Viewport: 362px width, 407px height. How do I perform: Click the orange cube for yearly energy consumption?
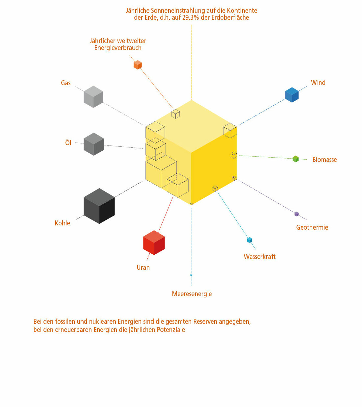point(138,65)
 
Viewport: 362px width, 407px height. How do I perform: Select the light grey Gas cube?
point(93,97)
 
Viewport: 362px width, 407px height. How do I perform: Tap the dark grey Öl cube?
point(94,144)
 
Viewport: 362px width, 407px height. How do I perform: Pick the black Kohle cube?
point(99,206)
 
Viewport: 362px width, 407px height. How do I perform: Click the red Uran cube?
point(154,243)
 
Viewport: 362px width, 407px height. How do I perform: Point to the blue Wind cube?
point(292,95)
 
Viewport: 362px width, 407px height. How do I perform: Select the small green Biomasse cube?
point(296,159)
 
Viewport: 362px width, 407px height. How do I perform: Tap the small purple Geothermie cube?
point(297,214)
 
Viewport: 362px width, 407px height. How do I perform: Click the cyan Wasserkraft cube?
point(249,240)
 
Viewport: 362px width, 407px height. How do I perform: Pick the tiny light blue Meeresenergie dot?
point(191,275)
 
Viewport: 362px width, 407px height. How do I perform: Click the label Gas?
point(66,83)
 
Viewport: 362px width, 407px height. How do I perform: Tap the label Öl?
point(68,142)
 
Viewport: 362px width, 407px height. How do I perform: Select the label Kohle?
point(63,223)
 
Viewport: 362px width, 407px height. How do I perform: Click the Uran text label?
point(143,267)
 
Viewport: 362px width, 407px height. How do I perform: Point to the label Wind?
point(318,83)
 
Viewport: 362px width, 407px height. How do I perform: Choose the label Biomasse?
point(324,160)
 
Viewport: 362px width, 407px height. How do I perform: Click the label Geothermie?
point(312,227)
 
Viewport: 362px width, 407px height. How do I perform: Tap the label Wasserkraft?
point(260,257)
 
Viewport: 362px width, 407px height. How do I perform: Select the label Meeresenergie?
point(192,294)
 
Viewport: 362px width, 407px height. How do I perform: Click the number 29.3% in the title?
point(191,18)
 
